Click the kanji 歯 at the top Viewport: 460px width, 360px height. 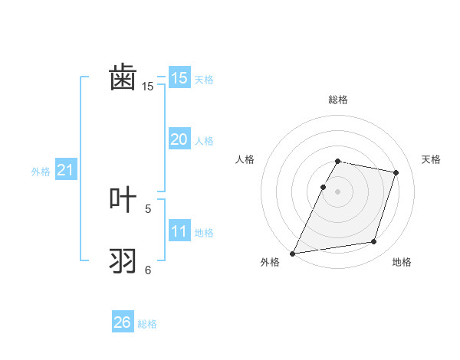pyautogui.click(x=123, y=78)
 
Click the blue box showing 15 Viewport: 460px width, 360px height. pyautogui.click(x=179, y=78)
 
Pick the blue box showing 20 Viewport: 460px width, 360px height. pyautogui.click(x=179, y=139)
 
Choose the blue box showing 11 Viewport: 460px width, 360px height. pyautogui.click(x=179, y=231)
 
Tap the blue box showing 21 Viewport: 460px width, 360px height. pyautogui.click(x=65, y=170)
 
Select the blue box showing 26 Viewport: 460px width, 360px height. pyautogui.click(x=123, y=322)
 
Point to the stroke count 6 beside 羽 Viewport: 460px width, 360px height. pyautogui.click(x=148, y=270)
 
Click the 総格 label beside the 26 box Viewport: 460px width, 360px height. pyautogui.click(x=147, y=324)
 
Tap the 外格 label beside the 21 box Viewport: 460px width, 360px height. pyautogui.click(x=41, y=172)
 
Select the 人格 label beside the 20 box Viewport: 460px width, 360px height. pyautogui.click(x=204, y=141)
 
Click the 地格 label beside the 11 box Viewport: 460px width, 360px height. pyautogui.click(x=204, y=233)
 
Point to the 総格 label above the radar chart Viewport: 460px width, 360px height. pyautogui.click(x=338, y=100)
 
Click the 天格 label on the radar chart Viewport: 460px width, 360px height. pyautogui.click(x=431, y=159)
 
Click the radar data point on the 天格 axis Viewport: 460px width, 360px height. pyautogui.click(x=396, y=172)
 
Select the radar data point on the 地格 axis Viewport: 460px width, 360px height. pyautogui.click(x=374, y=242)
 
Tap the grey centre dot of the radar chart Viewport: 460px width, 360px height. pyautogui.click(x=338, y=191)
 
